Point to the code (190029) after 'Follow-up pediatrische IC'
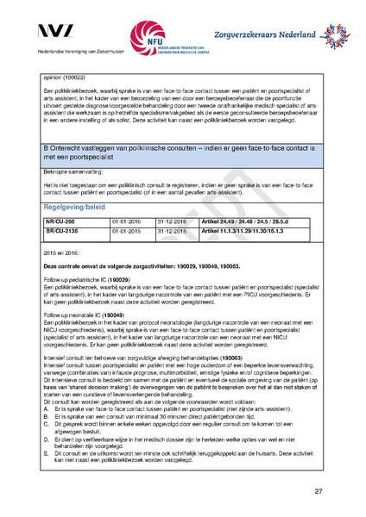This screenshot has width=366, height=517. click(121, 280)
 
